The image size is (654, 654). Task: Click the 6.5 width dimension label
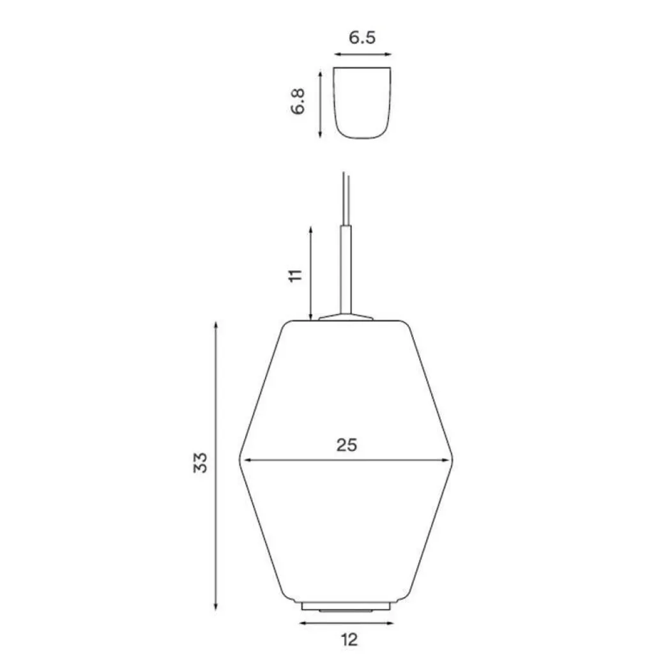coord(362,38)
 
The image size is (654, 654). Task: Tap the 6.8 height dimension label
coord(298,102)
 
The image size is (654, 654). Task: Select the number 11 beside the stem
coord(295,276)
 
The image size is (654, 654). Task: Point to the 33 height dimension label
coord(200,462)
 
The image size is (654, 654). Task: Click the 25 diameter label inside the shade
coord(347,445)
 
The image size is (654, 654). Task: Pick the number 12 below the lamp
coord(349,639)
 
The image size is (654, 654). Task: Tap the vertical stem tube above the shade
coord(346,270)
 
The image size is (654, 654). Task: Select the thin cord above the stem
coord(345,199)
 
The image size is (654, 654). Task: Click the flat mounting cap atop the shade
coord(346,317)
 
